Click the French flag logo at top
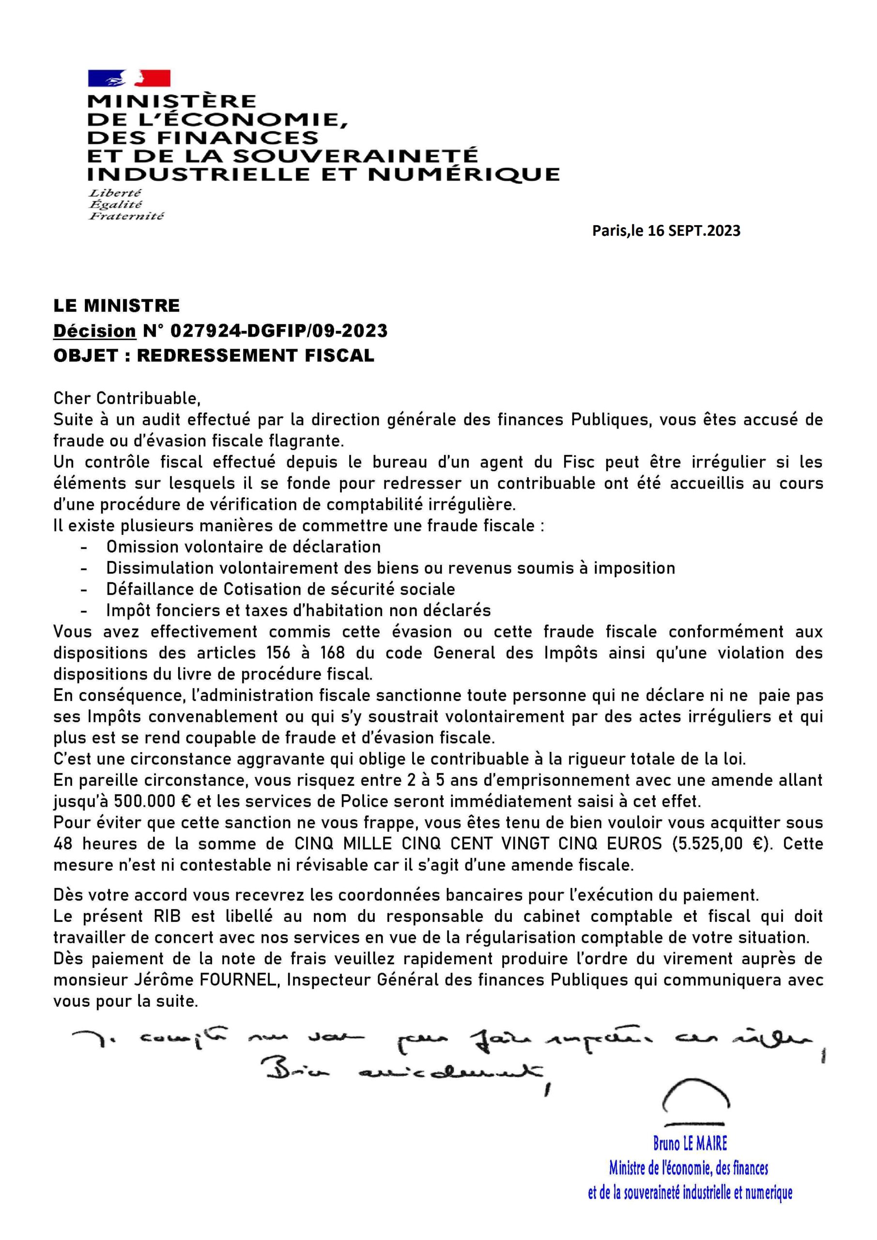tap(129, 79)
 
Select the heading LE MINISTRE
tap(117, 306)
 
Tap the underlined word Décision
tap(94, 330)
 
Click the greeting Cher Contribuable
tap(127, 398)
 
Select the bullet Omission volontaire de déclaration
tap(244, 546)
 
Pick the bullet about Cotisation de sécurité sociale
tap(281, 589)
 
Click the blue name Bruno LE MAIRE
tap(690, 1143)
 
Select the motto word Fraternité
tap(126, 216)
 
